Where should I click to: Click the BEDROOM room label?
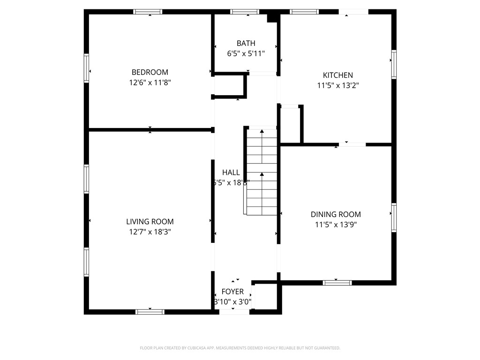[150, 72]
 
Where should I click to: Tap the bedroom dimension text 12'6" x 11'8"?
[150, 82]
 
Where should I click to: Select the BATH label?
[246, 44]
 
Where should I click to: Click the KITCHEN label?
[337, 75]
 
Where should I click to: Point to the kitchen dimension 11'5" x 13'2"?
[337, 85]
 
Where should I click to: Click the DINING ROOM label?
[336, 214]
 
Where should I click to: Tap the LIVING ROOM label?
[150, 222]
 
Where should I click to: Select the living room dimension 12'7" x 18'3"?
[150, 232]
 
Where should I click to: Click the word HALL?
[231, 172]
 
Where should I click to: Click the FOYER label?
[232, 292]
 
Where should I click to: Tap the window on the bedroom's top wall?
[148, 12]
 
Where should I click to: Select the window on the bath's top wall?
[245, 12]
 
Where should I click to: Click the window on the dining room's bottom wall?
[337, 283]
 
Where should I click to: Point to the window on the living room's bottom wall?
[150, 312]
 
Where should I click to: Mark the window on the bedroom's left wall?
[87, 68]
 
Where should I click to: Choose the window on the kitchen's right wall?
[394, 64]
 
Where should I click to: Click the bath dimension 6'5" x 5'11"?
[246, 54]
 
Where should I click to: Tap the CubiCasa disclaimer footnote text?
[240, 348]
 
